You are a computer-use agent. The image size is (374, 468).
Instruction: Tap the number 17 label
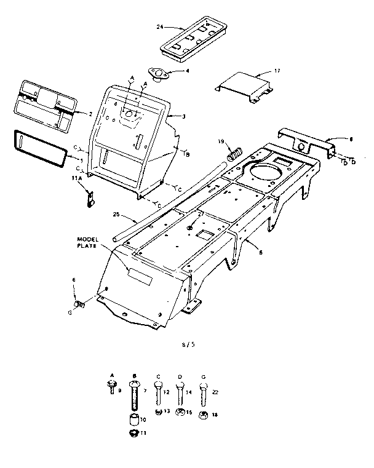pos(277,71)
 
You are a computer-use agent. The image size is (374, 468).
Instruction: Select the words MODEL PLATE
pos(88,242)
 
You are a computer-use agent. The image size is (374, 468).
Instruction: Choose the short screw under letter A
pos(113,386)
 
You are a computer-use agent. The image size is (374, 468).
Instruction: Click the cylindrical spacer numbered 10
pos(133,421)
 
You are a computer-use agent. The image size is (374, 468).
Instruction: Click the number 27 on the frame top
pos(201,215)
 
